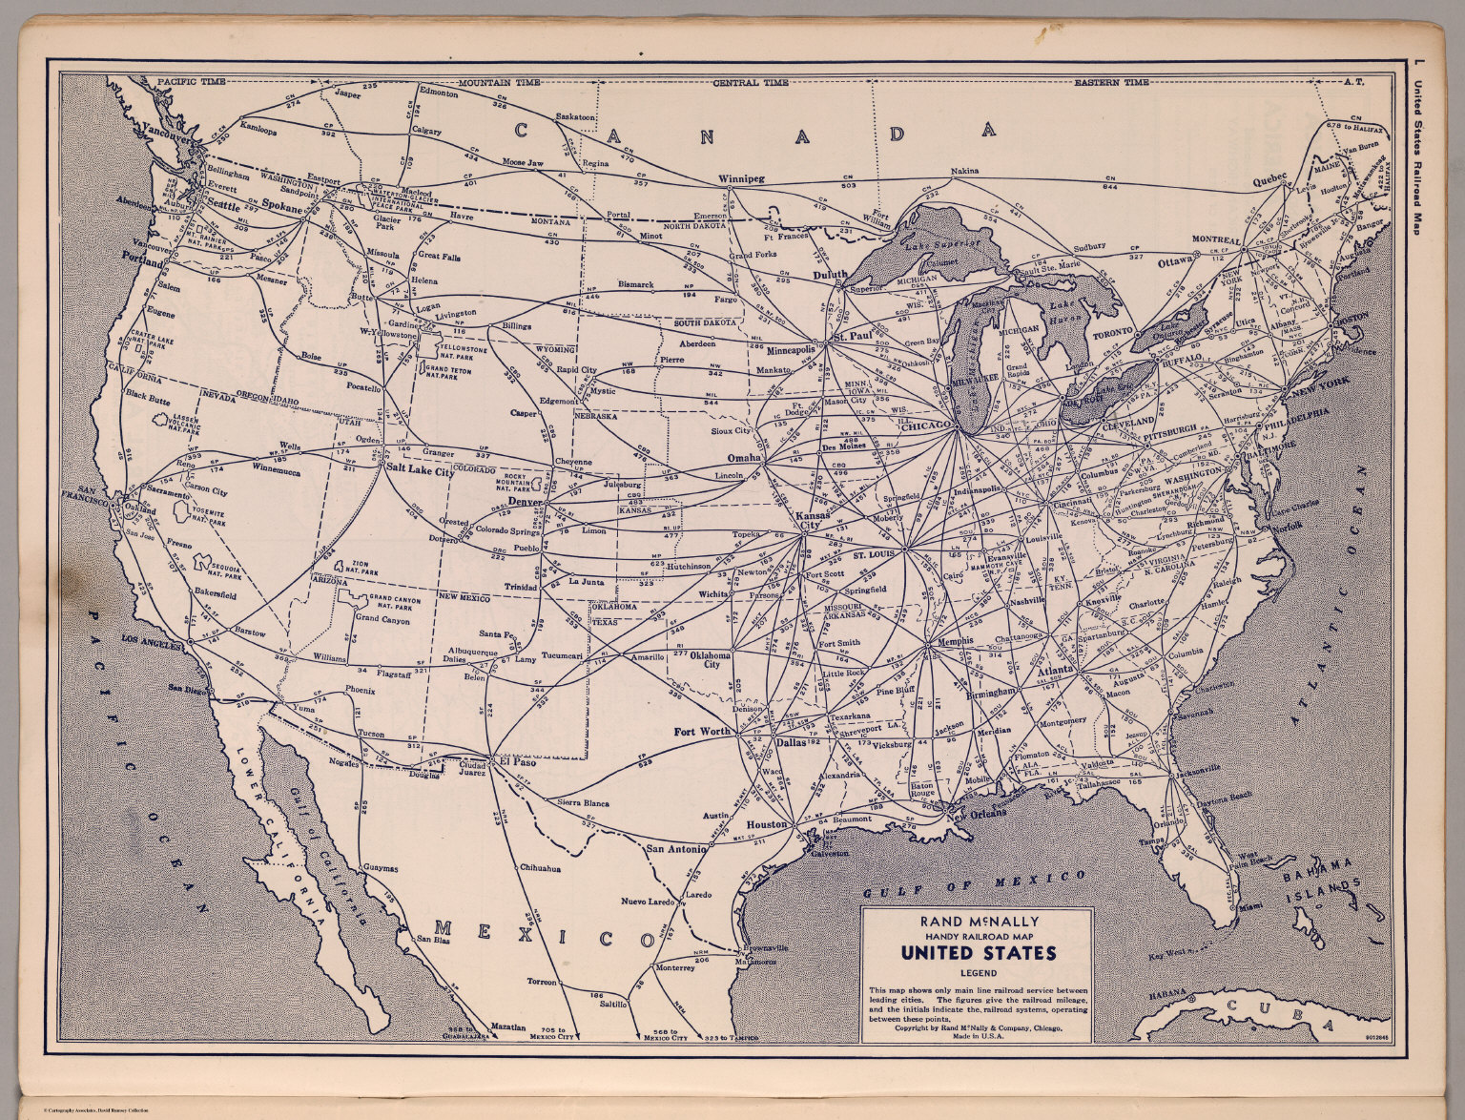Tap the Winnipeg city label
[742, 178]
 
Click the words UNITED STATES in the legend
[978, 953]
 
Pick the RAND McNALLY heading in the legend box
[979, 922]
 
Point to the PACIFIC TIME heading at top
[192, 82]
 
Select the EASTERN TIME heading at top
[1111, 83]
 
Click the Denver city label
[525, 501]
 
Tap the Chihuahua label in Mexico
[540, 868]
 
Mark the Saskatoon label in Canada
[575, 116]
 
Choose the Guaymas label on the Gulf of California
[381, 868]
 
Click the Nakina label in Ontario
[964, 173]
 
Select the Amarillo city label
[645, 657]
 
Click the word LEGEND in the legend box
[978, 973]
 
